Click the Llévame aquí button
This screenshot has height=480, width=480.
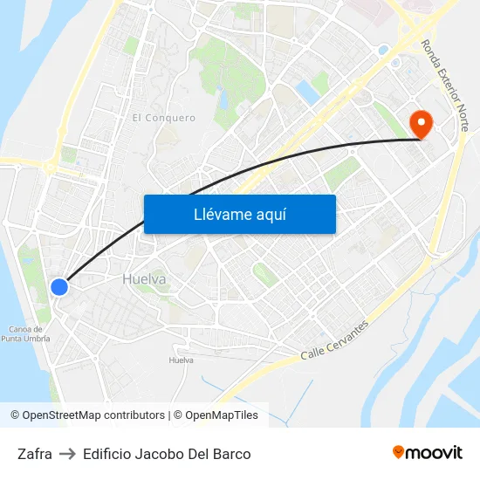[239, 214]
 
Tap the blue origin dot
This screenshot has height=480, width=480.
[59, 286]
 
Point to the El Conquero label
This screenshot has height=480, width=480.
[164, 118]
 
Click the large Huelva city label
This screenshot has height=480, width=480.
[144, 279]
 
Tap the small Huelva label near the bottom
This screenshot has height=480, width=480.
[181, 360]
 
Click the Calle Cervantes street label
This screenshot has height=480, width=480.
[334, 340]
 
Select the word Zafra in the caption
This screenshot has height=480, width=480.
[34, 454]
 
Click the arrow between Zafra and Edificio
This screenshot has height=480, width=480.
[67, 454]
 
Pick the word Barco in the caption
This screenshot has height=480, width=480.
[231, 454]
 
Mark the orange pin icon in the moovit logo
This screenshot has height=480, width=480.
[399, 452]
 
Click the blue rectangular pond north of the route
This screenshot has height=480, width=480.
[306, 91]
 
